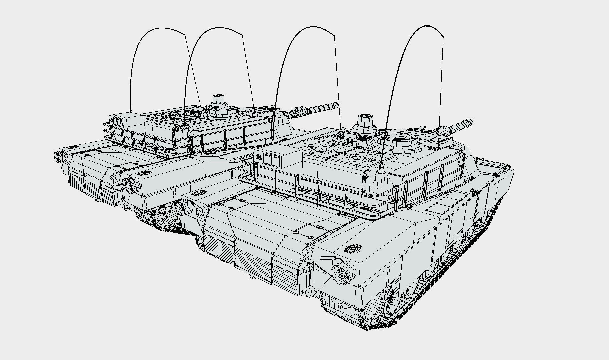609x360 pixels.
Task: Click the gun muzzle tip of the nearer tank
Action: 470,122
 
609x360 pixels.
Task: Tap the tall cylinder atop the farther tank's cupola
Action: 219,99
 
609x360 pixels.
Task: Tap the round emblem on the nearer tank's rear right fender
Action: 354,248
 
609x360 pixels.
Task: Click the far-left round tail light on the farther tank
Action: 58,156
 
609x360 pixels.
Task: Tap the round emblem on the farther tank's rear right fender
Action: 144,173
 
